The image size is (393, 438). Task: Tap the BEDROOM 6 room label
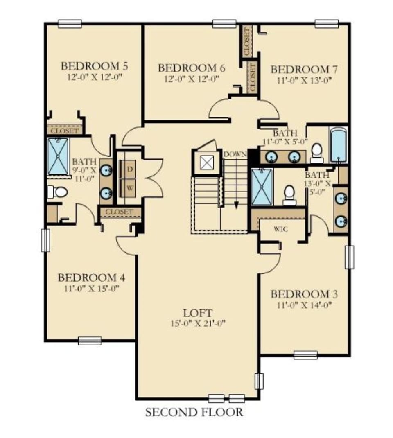(192, 68)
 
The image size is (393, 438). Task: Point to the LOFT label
(198, 313)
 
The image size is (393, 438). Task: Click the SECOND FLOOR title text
(194, 412)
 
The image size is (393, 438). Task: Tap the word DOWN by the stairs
(235, 154)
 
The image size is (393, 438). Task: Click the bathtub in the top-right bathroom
(339, 146)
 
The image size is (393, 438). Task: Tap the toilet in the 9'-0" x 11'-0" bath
(57, 192)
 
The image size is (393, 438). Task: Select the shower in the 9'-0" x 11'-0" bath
(58, 156)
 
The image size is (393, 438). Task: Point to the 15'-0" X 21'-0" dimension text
(198, 323)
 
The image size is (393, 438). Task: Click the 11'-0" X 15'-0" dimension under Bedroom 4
(91, 288)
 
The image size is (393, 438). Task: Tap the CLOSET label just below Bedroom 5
(65, 131)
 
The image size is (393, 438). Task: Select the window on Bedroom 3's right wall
(349, 257)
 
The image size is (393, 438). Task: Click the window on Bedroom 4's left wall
(45, 240)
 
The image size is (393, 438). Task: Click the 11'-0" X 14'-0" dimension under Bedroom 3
(304, 305)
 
